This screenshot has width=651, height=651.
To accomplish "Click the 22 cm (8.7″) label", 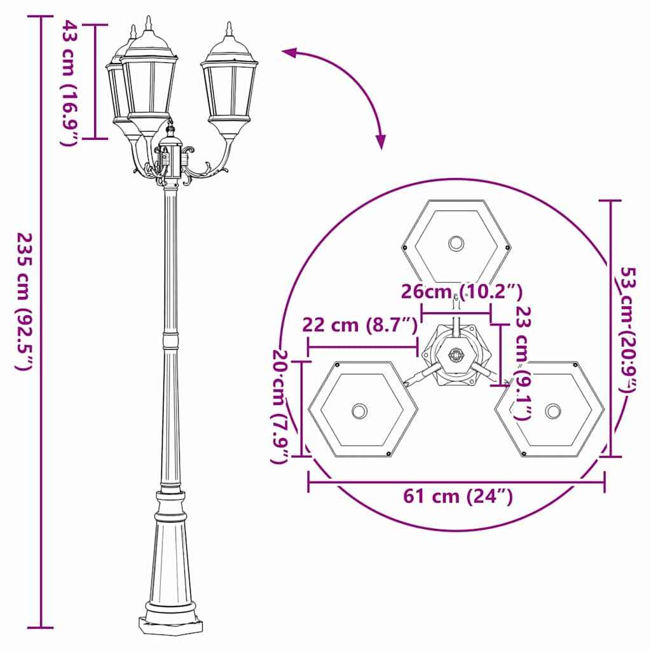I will [360, 325].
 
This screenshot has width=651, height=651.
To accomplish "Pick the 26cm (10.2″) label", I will [461, 292].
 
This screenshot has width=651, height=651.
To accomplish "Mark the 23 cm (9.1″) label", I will [523, 363].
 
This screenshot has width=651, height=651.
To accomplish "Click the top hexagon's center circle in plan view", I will [456, 243].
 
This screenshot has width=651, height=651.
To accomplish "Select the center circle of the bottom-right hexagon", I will [553, 411].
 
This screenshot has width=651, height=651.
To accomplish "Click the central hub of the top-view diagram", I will [456, 355].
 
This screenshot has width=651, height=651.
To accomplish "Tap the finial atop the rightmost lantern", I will [229, 30].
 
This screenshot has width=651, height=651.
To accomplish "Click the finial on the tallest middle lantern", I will [149, 24].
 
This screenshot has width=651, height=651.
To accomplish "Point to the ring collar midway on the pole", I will [170, 340].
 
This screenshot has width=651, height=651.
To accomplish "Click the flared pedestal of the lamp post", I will [170, 553].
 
